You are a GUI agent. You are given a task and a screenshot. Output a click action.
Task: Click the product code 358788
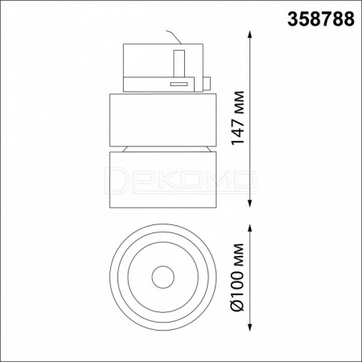[x=321, y=19]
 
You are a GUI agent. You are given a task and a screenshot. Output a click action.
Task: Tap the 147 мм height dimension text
[x=238, y=118]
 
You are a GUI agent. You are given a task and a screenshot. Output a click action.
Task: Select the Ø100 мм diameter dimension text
[x=238, y=278]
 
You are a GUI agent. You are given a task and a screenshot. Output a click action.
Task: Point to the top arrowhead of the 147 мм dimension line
[x=250, y=35]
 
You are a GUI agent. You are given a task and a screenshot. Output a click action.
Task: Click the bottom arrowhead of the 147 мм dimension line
[x=250, y=203]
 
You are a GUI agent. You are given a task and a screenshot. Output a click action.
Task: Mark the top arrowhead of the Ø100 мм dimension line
[x=250, y=229]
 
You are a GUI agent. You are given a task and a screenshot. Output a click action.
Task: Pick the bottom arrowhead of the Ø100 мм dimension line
[x=250, y=326]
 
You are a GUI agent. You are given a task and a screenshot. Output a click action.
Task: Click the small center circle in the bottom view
[x=163, y=278]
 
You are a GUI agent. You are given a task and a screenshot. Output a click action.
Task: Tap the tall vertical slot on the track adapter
[x=179, y=64]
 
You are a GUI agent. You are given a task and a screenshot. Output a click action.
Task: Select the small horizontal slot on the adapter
[x=179, y=84]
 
